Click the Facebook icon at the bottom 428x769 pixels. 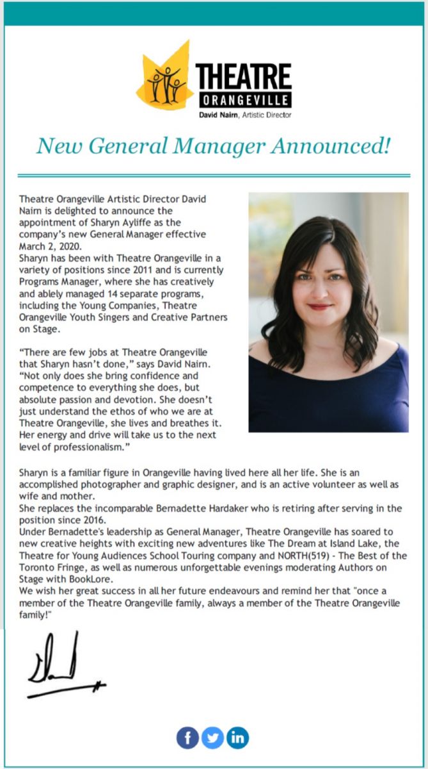pos(187,738)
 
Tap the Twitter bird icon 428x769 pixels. pos(212,738)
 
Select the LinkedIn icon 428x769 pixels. pos(237,738)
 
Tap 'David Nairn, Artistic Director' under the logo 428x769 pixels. pos(245,115)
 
